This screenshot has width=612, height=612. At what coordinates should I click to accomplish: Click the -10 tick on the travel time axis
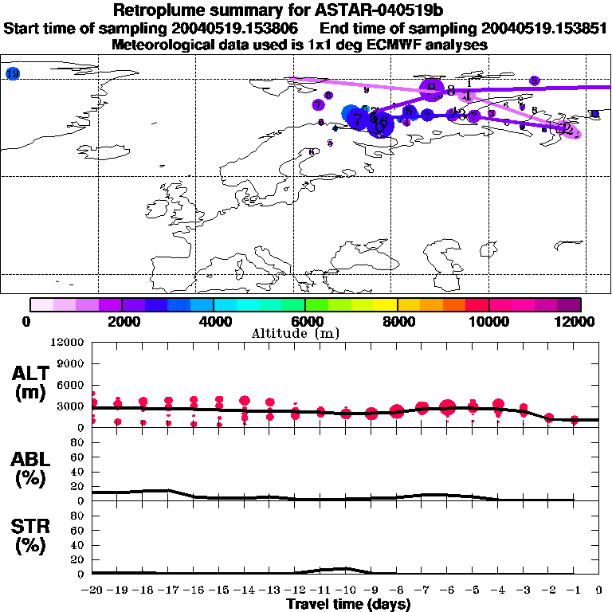(x=346, y=590)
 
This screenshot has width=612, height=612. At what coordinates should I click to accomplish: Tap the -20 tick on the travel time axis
(x=92, y=590)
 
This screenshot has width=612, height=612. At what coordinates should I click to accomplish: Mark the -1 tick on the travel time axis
(x=574, y=590)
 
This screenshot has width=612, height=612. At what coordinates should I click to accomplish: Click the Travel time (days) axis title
(x=348, y=605)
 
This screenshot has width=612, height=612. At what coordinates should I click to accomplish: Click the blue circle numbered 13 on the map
(x=12, y=73)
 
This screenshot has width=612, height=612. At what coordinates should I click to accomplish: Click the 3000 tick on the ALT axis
(x=72, y=406)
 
